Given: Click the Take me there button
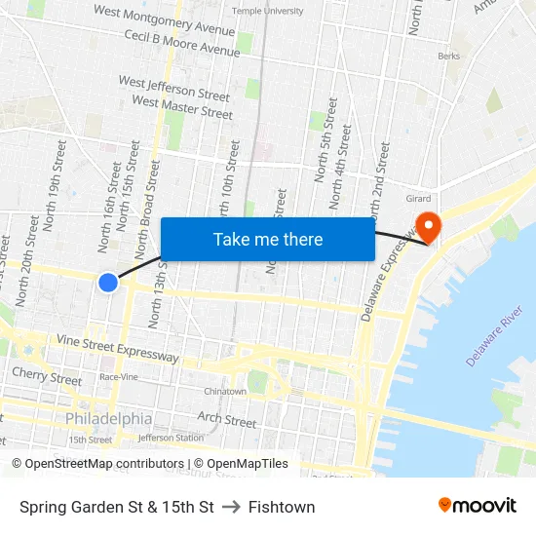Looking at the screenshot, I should click(x=268, y=239).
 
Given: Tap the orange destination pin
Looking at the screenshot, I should click(x=428, y=226).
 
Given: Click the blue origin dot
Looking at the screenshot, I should click(x=108, y=283).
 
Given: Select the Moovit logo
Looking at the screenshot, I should click(x=477, y=506).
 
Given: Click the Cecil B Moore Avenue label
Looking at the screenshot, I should click(x=181, y=43).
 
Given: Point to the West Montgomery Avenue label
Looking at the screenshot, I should click(x=164, y=19).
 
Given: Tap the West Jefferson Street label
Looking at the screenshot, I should click(x=174, y=89).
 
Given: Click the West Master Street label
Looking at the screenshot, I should click(x=182, y=106).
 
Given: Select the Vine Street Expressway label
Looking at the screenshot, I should click(x=118, y=348).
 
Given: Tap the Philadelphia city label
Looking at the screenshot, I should click(x=109, y=418).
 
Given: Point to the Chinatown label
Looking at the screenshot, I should click(x=224, y=391).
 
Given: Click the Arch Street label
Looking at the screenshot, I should click(x=227, y=420).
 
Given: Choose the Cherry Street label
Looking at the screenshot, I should click(x=47, y=376).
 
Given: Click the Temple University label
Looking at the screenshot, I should click(x=267, y=11).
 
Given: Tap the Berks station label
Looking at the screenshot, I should click(x=449, y=57).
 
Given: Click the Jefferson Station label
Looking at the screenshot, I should click(x=170, y=438).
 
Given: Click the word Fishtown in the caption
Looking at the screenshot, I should click(x=282, y=507).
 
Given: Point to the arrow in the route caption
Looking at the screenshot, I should click(x=231, y=507).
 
